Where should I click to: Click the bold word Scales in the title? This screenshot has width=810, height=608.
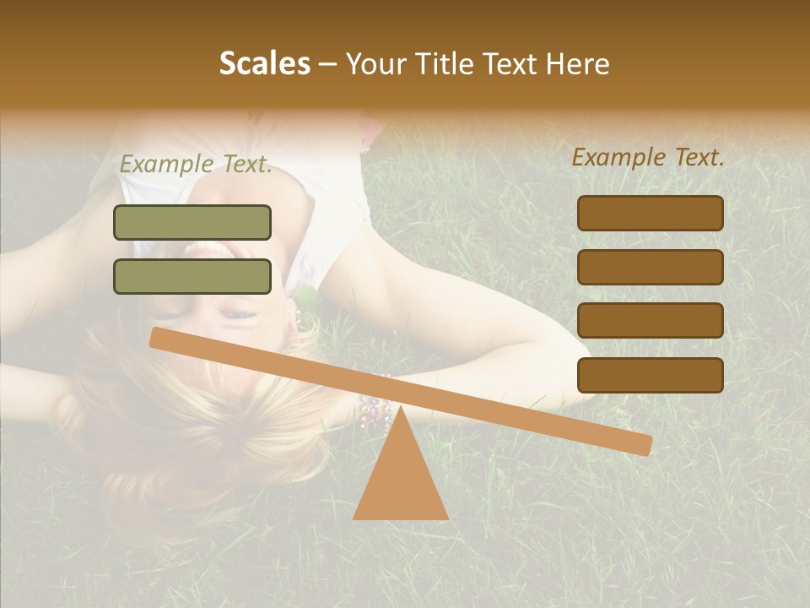click(x=264, y=63)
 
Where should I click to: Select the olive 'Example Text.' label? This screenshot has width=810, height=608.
click(x=196, y=165)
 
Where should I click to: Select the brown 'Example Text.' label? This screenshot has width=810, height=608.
click(x=648, y=157)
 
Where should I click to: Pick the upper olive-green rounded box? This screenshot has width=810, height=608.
click(x=192, y=222)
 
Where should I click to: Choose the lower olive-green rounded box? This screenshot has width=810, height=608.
click(x=192, y=276)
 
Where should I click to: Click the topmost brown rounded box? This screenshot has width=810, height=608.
click(x=650, y=213)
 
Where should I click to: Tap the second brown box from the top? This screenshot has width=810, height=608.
click(x=650, y=267)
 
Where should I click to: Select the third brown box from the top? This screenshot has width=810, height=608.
click(x=650, y=320)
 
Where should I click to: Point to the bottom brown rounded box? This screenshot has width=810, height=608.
click(x=650, y=375)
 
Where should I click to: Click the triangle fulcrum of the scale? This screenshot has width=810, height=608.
click(x=400, y=481)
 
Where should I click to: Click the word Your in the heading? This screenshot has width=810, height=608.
click(x=375, y=63)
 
